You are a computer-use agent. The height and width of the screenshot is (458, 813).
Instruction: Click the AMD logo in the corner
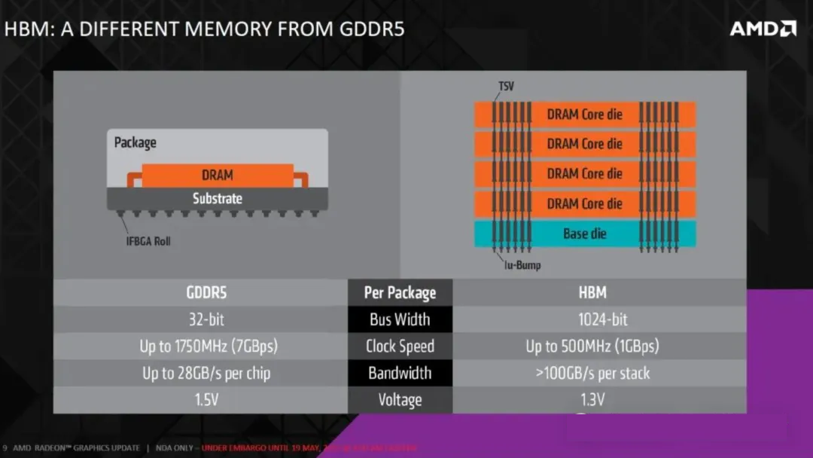[x=763, y=29]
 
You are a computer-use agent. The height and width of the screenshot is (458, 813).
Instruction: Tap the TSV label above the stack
[x=506, y=86]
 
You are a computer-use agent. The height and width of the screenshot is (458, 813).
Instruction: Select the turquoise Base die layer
[x=584, y=234]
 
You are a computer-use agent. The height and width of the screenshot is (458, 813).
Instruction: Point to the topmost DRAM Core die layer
[x=584, y=114]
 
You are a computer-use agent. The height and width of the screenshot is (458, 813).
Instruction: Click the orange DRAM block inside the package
[x=217, y=175]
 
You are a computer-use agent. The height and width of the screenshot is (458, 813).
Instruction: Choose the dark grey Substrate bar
[x=217, y=199]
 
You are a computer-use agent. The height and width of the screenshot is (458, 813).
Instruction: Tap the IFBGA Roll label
[x=148, y=242]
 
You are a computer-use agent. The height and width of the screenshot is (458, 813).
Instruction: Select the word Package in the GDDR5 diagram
[x=135, y=142]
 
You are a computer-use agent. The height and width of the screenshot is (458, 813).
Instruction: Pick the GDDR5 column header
[x=206, y=292]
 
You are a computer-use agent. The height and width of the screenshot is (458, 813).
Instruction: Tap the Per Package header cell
[x=400, y=292]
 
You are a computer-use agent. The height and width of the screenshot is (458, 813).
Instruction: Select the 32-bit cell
[x=206, y=319]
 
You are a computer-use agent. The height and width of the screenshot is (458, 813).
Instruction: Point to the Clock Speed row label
[x=400, y=347]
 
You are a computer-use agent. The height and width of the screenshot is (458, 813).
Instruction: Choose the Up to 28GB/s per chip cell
[x=206, y=373]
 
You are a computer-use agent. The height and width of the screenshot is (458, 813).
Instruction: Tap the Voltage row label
[x=400, y=400]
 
